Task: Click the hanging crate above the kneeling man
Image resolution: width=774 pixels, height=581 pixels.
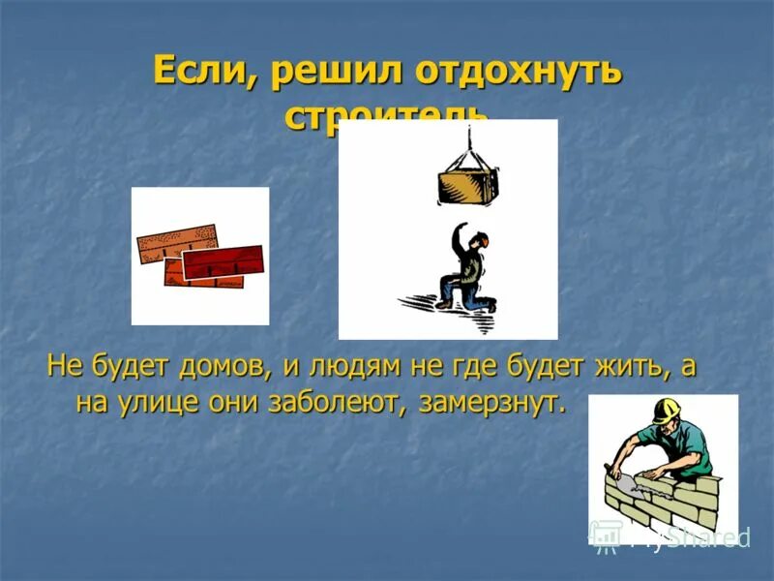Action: pyautogui.click(x=467, y=185)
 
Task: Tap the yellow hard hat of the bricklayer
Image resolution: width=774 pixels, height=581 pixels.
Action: pyautogui.click(x=665, y=411)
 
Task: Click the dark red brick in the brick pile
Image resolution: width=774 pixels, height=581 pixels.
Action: pyautogui.click(x=223, y=261)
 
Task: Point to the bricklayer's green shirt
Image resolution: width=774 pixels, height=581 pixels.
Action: pyautogui.click(x=692, y=450)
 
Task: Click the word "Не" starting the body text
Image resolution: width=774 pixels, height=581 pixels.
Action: pyautogui.click(x=61, y=369)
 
